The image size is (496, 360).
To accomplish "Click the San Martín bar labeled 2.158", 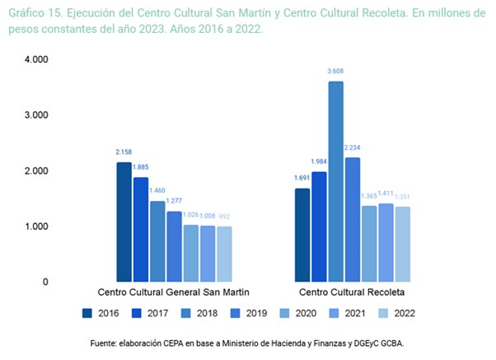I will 124,222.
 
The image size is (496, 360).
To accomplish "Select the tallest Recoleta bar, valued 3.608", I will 335,181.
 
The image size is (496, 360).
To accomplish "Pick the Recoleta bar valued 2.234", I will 353,219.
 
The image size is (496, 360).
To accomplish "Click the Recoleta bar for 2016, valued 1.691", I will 302,235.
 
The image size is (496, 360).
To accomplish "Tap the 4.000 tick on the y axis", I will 36,60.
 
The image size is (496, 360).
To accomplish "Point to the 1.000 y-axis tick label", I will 36,227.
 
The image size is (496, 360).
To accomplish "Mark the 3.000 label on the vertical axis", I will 36,115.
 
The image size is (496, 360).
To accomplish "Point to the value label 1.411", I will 386,195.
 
